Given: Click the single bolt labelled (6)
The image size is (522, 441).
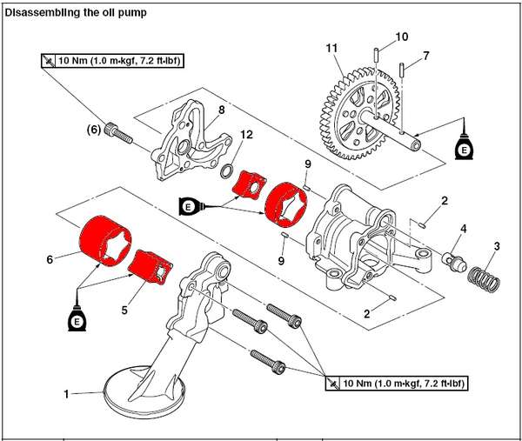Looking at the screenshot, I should (x=117, y=133).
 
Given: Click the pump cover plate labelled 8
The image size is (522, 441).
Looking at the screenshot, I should (x=186, y=144).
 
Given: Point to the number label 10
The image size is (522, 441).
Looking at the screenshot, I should (x=401, y=37).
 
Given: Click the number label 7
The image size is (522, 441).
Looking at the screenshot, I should (x=426, y=57).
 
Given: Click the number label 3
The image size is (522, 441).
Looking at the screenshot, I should (x=496, y=246).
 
